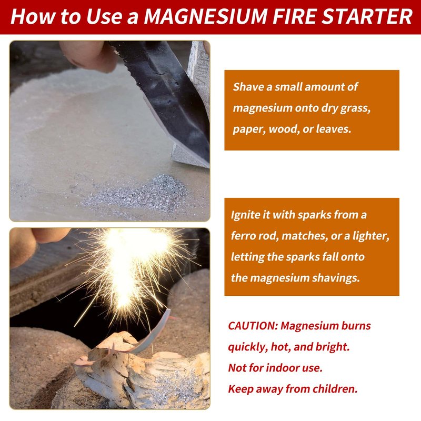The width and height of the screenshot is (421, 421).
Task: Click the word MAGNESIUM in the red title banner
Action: pyautogui.click(x=206, y=17)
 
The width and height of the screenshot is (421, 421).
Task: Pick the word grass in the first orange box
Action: pyautogui.click(x=356, y=108)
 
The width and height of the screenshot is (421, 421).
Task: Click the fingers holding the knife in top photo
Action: pyautogui.click(x=88, y=56)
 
